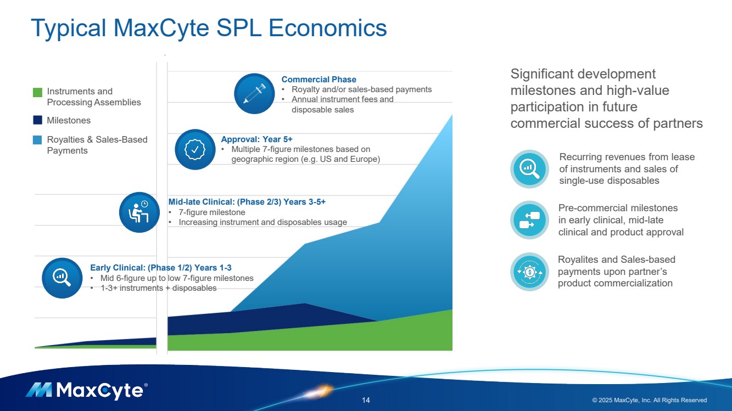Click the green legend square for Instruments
click(37, 92)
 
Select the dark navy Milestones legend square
click(37, 120)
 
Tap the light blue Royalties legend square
click(37, 140)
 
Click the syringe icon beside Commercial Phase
click(254, 94)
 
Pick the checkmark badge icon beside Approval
click(195, 149)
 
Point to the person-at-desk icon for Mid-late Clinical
click(139, 212)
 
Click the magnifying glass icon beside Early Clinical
click(62, 278)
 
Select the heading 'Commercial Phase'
click(318, 80)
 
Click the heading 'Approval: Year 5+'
click(256, 139)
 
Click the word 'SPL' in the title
click(239, 28)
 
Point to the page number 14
click(366, 400)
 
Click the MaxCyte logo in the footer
click(87, 391)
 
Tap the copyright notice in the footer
click(649, 400)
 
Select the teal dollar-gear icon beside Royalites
click(529, 272)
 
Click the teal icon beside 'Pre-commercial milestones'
click(529, 220)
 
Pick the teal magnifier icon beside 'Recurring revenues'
click(529, 169)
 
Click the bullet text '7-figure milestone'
click(212, 212)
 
